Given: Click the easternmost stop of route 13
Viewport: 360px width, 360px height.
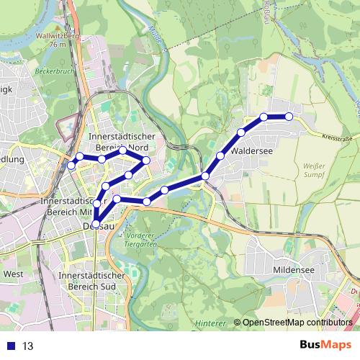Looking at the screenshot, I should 289,116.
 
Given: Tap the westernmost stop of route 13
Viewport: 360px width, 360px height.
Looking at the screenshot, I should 71,166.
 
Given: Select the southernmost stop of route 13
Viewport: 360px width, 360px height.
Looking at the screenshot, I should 96,224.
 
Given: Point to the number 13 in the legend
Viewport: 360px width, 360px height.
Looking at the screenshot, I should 28,346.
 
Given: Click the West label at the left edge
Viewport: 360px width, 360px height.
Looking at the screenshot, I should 13,274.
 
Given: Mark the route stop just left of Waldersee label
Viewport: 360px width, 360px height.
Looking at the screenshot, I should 220,156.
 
